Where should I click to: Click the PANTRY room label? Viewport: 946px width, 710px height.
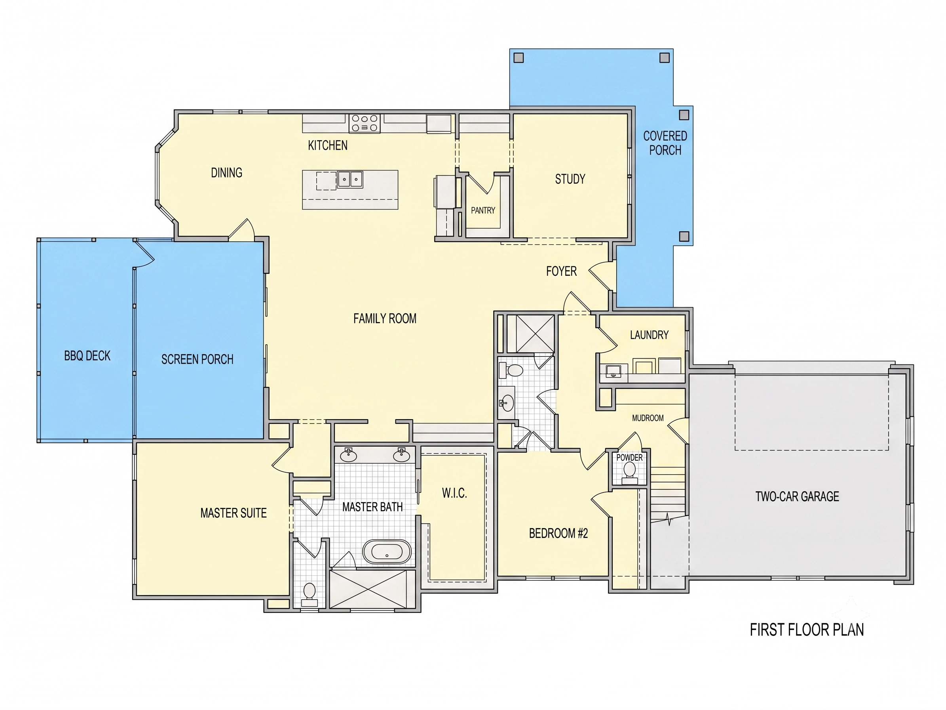point(483,210)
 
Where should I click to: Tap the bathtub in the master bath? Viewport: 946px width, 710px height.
point(387,552)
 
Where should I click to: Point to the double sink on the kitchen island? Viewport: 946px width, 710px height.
point(350,179)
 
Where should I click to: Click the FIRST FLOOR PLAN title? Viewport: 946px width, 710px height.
point(807,630)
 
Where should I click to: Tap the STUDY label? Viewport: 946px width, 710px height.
point(570,179)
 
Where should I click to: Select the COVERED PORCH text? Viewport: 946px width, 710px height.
point(665,143)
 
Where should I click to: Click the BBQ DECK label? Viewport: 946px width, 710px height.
point(87,356)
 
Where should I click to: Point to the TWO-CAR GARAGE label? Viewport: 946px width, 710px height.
point(797,496)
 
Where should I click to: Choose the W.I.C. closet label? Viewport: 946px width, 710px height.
point(454,493)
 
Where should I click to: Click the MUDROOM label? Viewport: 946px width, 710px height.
point(648,418)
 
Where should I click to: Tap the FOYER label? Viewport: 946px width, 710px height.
point(561,271)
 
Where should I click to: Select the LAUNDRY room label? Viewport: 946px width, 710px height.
point(649,335)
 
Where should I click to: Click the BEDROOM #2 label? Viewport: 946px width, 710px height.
point(558,533)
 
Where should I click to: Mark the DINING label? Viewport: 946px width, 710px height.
point(227,173)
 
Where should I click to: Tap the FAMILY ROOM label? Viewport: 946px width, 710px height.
point(385,319)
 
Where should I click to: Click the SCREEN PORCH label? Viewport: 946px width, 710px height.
point(197,359)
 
